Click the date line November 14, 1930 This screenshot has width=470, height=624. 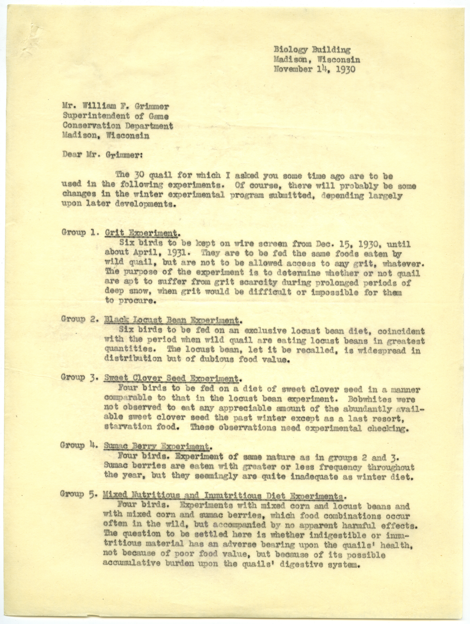[314, 69]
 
